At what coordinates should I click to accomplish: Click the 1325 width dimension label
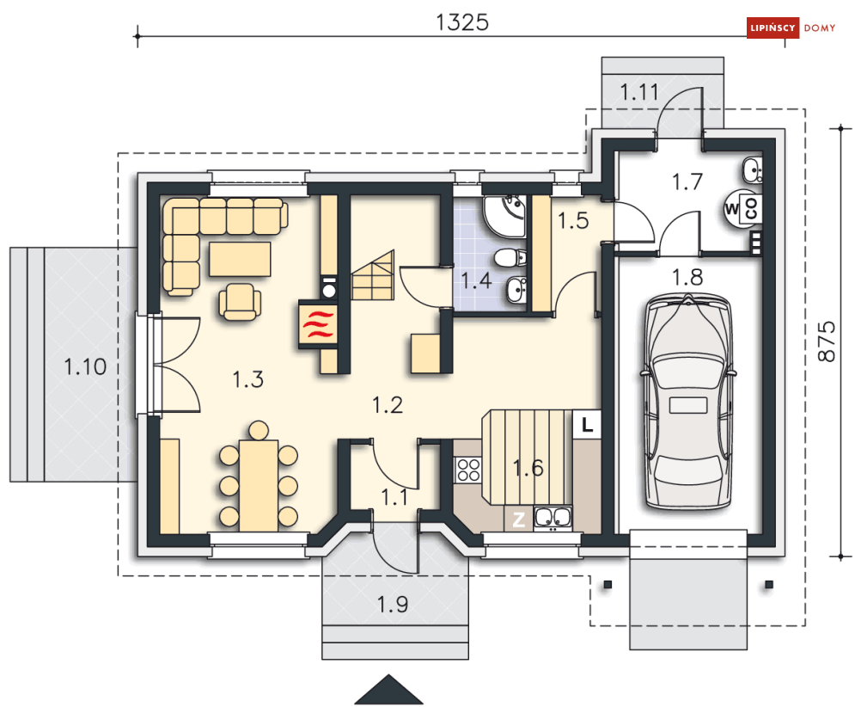461,22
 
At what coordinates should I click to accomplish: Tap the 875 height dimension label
827,341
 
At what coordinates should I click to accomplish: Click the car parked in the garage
687,402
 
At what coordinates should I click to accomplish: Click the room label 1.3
248,379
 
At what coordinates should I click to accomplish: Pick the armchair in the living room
240,301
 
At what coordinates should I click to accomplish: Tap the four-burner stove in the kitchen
467,470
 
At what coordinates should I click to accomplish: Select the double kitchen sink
553,518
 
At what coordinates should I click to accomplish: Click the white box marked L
587,424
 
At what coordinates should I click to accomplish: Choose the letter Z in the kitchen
518,519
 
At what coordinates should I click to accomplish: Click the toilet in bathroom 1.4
510,257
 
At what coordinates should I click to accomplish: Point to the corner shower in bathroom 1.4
505,216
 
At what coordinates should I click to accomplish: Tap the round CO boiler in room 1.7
742,208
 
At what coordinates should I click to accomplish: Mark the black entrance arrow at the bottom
388,690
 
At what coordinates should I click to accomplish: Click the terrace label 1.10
85,367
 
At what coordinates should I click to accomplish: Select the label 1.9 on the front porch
393,605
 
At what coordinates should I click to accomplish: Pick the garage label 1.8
687,278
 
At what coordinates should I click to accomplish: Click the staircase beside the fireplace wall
372,276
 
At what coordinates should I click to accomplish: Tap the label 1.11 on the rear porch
639,92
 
